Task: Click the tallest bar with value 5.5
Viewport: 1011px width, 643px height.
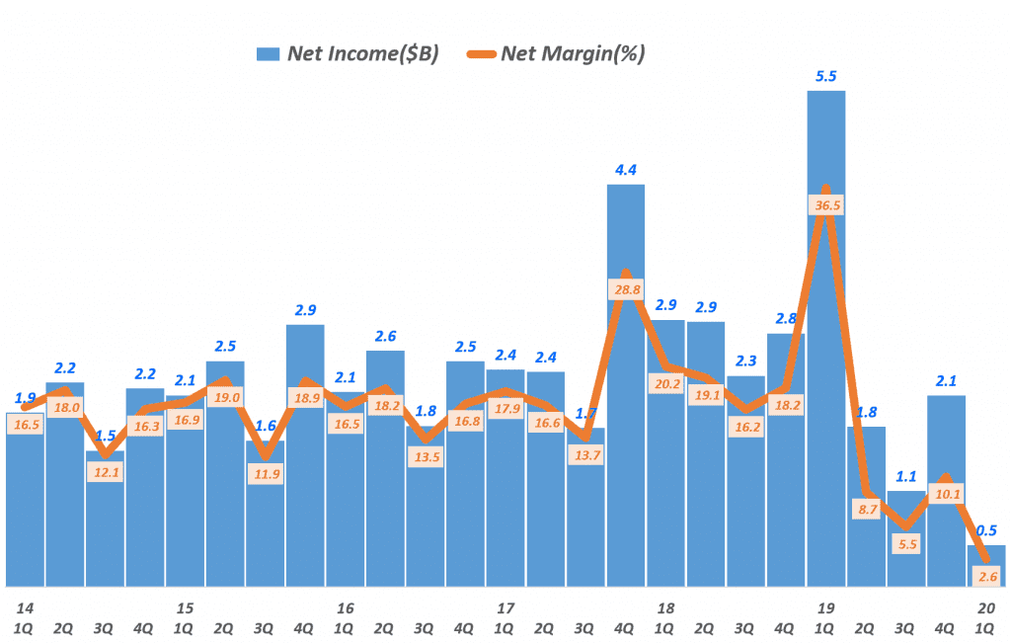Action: pos(825,336)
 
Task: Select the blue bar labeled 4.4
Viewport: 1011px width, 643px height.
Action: pos(625,385)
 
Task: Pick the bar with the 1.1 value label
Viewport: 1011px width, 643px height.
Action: pos(906,538)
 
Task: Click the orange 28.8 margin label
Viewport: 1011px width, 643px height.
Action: pos(626,289)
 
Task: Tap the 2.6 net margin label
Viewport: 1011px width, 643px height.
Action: pos(986,577)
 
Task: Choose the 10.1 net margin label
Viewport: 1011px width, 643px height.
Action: pos(945,495)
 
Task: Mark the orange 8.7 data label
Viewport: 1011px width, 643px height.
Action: pos(866,510)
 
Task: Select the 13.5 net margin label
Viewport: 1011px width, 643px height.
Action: pos(426,457)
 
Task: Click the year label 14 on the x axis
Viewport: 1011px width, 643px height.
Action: pos(24,607)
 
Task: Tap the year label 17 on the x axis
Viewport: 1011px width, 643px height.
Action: pos(505,607)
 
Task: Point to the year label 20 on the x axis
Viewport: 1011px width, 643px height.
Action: pos(986,607)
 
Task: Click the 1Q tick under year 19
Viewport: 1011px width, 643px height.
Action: pos(825,627)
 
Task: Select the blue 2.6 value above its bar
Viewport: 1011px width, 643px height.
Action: pos(385,336)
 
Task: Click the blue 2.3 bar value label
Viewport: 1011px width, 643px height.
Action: pos(745,362)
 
